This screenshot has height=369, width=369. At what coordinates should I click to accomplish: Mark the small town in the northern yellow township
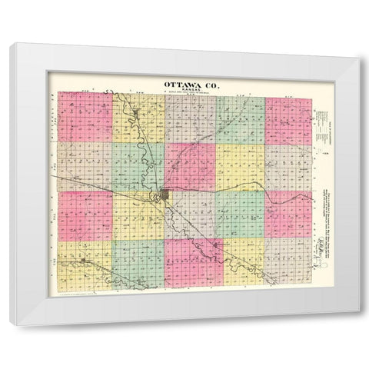click(x=136, y=115)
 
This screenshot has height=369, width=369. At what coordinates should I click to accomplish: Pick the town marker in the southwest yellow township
click(x=82, y=262)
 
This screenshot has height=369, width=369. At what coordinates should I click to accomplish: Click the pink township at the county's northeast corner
click(x=288, y=120)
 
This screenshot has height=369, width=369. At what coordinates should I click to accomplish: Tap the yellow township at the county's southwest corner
click(x=85, y=264)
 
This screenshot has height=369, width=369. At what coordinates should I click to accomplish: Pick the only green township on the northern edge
click(x=239, y=120)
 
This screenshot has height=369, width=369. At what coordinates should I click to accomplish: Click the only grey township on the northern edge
click(x=188, y=118)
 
